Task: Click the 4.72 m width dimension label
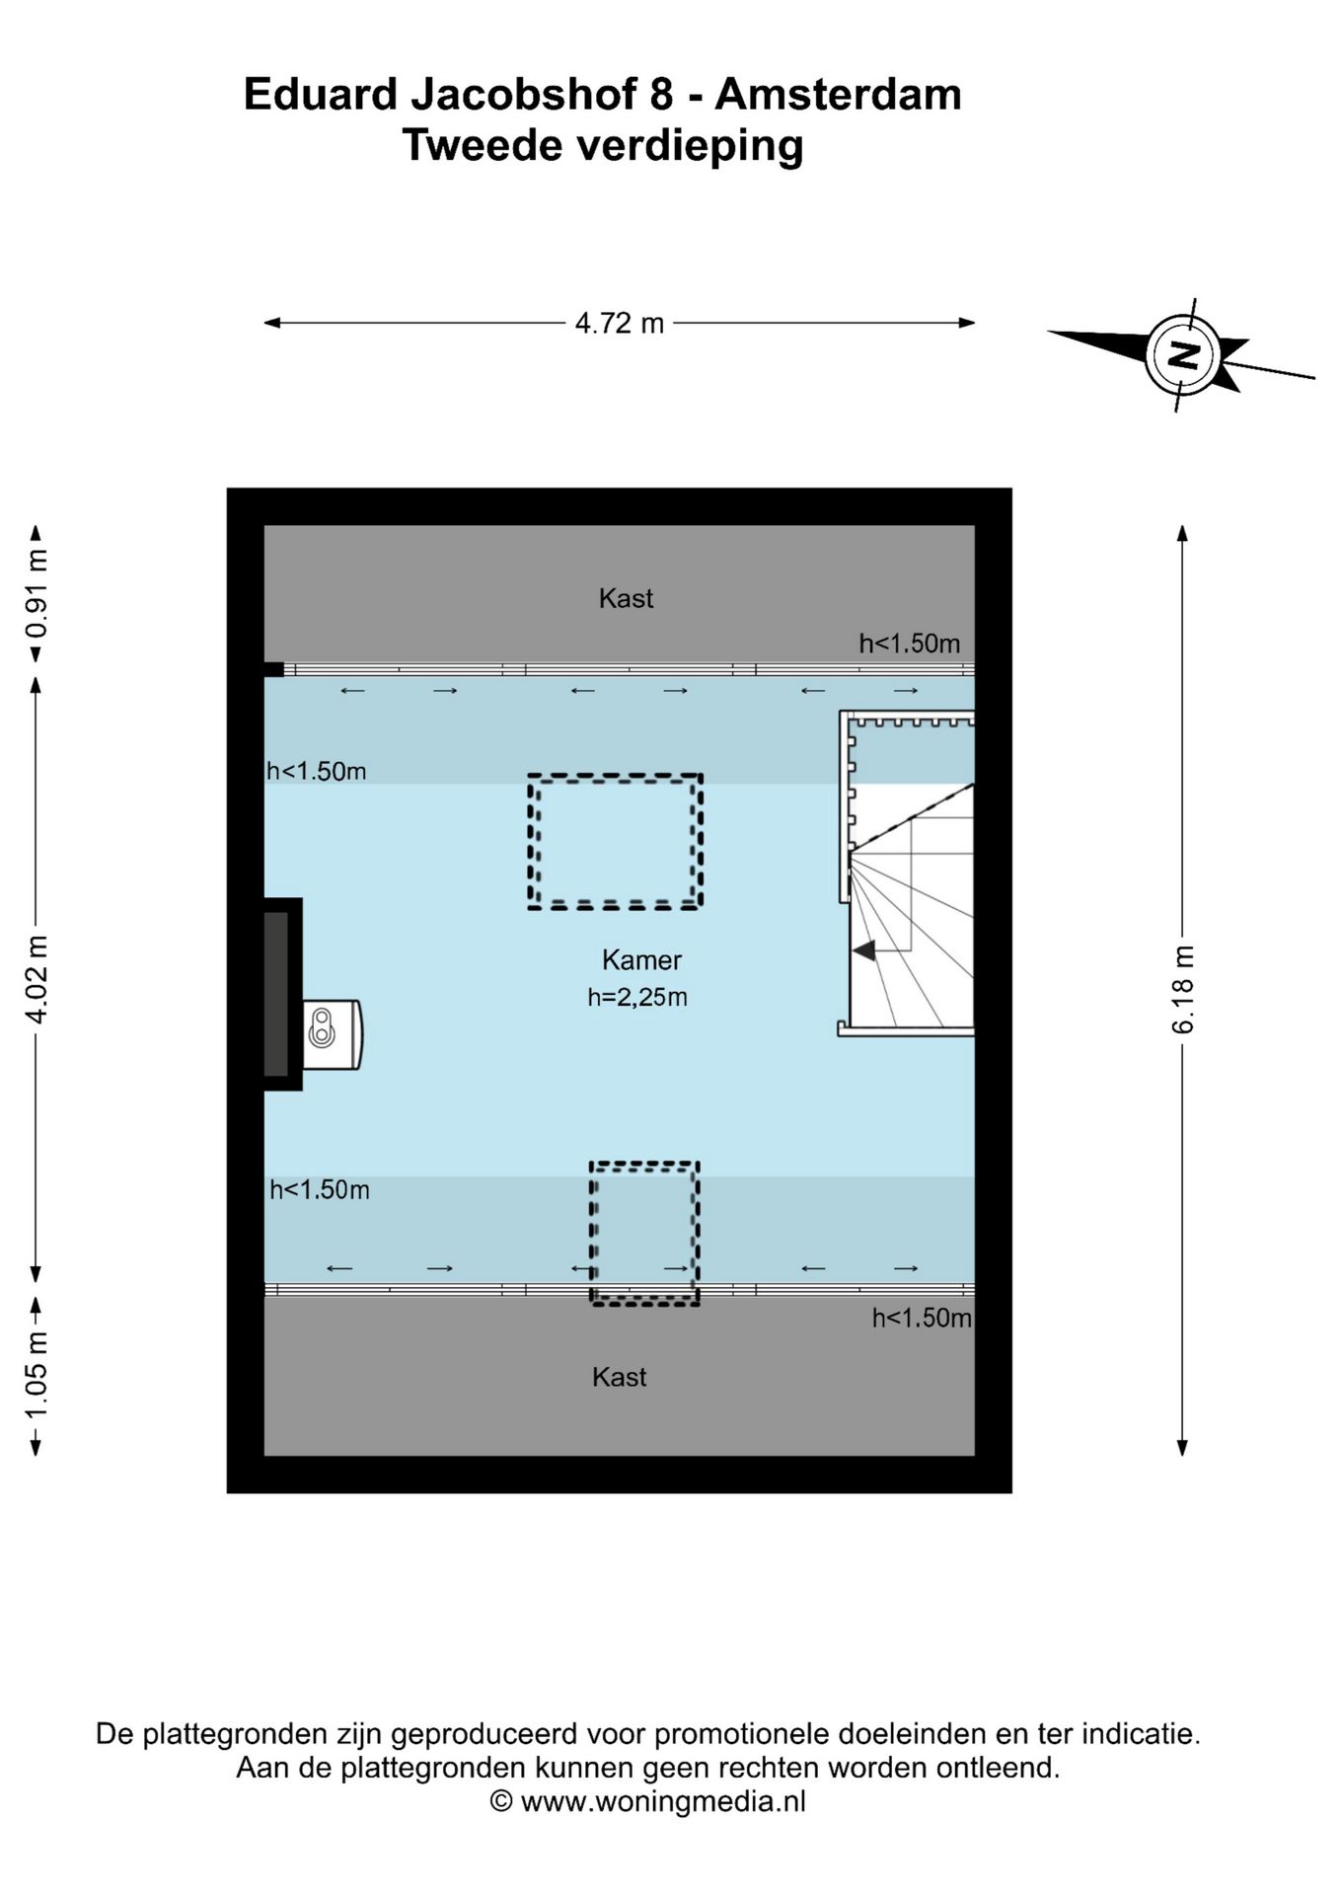point(620,323)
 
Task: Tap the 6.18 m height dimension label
point(1183,989)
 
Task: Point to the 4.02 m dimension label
point(37,979)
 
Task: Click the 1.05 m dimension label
point(37,1376)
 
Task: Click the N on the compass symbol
point(1182,354)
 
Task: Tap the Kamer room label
point(641,959)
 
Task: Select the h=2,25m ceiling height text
point(637,997)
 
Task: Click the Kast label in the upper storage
point(626,598)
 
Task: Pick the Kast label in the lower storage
point(619,1377)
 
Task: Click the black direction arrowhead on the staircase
point(864,950)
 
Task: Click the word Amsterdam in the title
point(838,95)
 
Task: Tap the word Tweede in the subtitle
point(482,145)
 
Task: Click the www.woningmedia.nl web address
point(663,1801)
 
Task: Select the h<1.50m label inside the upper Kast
point(909,644)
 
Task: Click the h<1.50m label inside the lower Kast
point(922,1318)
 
